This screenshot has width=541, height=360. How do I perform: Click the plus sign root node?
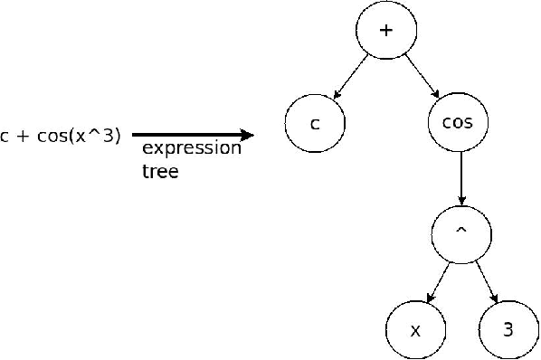tap(386, 31)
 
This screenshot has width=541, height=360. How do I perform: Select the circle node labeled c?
tap(314, 124)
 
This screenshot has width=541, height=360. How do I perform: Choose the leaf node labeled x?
tap(415, 330)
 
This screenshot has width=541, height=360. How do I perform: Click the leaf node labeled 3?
tap(508, 330)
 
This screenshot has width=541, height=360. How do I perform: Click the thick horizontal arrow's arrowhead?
tap(246, 136)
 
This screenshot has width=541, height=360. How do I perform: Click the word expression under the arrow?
tap(192, 148)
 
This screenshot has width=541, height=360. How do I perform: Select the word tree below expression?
tap(160, 171)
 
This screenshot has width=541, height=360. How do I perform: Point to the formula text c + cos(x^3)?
tap(60, 137)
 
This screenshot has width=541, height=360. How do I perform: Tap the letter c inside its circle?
tap(314, 124)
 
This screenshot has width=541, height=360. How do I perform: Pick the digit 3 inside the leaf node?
tap(508, 330)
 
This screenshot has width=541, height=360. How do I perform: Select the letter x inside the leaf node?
tap(415, 331)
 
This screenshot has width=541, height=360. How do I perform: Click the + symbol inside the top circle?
tap(386, 31)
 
